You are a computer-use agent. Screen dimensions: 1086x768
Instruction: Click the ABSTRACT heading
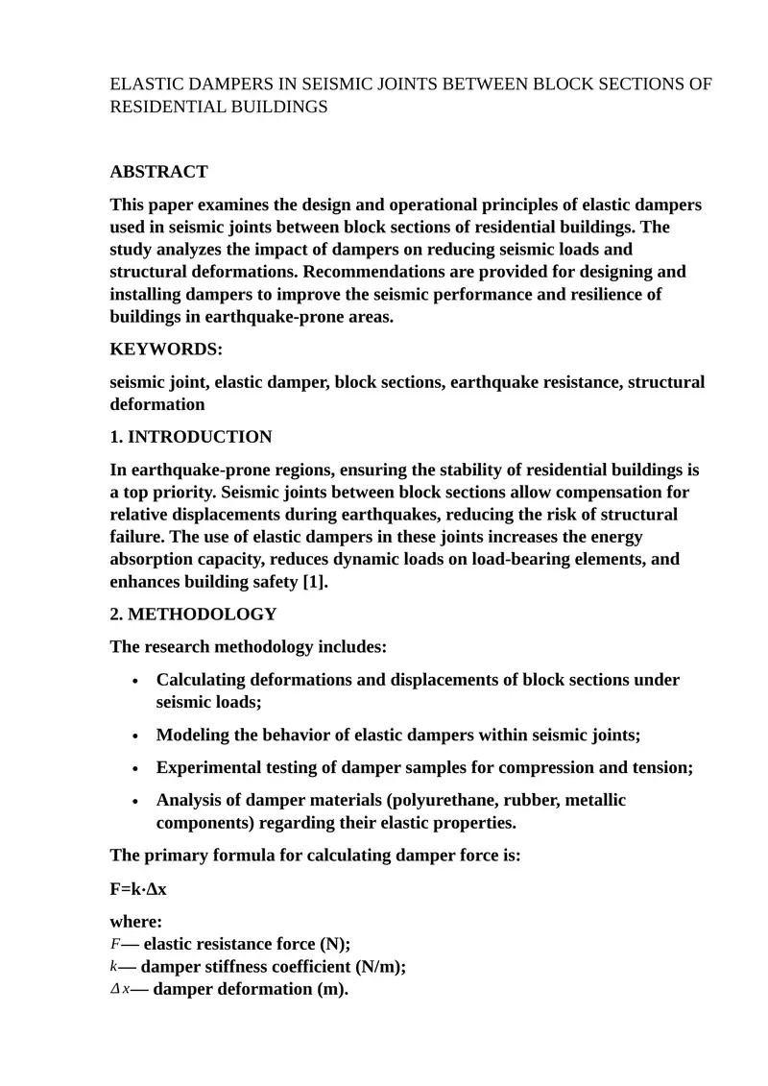coord(158,172)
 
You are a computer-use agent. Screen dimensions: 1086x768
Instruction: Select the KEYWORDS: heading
coord(166,350)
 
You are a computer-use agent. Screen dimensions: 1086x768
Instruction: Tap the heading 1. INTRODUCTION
coord(191,437)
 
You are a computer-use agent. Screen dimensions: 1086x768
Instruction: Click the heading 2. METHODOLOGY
coord(193,614)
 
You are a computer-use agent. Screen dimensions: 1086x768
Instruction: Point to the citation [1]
coord(314,581)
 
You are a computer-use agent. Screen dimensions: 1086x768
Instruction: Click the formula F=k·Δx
coord(138,888)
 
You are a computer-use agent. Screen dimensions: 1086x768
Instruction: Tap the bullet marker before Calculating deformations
coord(136,681)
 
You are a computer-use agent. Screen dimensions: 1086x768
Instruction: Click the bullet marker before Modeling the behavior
coord(136,736)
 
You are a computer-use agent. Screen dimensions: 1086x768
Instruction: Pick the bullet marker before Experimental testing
coord(136,768)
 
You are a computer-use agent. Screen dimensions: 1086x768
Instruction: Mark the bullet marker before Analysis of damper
coord(136,801)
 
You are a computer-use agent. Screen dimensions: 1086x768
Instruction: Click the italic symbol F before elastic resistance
coord(115,944)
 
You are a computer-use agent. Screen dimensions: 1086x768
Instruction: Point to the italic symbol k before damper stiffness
coord(114,967)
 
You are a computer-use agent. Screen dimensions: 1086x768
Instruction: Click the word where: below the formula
coord(135,922)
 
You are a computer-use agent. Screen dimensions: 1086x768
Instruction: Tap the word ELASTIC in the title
coord(144,84)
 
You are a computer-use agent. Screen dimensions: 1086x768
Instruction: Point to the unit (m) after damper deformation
coord(330,989)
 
